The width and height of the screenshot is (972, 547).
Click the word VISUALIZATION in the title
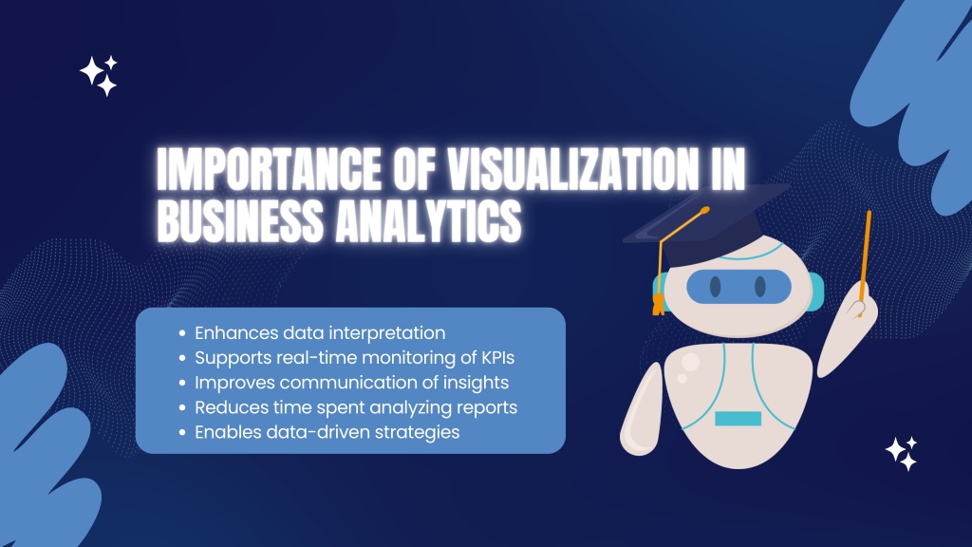(x=572, y=169)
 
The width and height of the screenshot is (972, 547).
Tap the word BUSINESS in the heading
(x=240, y=220)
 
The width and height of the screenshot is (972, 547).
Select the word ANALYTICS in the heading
(x=428, y=220)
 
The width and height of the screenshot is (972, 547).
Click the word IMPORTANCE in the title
(x=269, y=169)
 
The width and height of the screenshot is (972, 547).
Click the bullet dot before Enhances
(x=182, y=333)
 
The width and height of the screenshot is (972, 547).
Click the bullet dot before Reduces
(x=182, y=407)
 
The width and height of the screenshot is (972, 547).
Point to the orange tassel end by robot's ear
(x=659, y=304)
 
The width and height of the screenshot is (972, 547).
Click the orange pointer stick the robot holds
(x=866, y=260)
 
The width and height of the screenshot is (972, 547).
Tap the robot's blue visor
(x=738, y=287)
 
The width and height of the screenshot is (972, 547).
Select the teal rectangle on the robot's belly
(x=738, y=419)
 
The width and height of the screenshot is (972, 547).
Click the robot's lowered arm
(x=641, y=410)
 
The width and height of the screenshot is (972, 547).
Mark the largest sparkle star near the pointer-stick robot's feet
(x=896, y=449)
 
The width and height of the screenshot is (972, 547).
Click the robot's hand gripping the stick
(x=860, y=304)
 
